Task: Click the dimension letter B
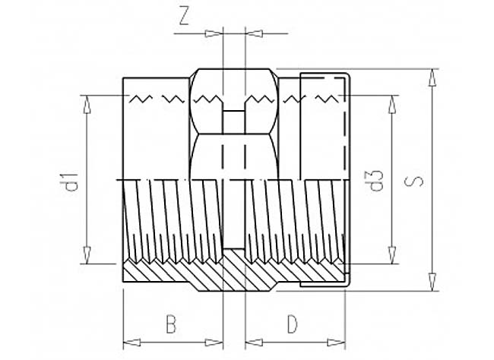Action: (171, 324)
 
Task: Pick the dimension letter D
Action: (293, 324)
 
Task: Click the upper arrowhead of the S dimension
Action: (433, 77)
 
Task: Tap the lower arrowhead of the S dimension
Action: (433, 282)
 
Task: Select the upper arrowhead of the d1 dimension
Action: (87, 103)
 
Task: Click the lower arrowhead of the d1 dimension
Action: (87, 254)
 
